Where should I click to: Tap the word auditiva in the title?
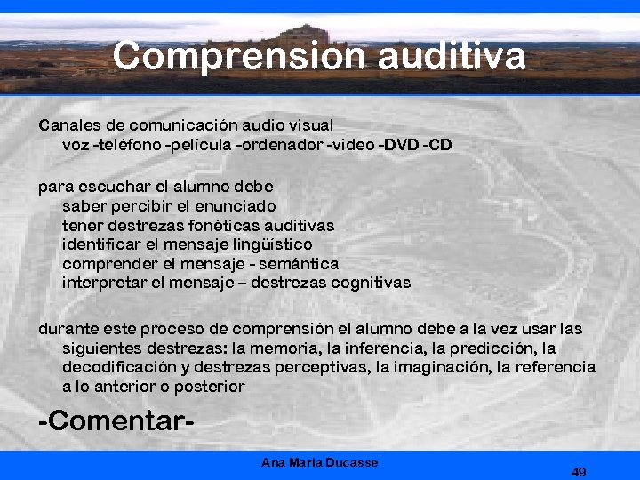451,56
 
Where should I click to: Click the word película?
200,143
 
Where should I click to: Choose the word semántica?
298,264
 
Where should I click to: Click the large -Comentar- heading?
116,420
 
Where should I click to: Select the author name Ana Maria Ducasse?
320,462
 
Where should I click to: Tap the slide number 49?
579,471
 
